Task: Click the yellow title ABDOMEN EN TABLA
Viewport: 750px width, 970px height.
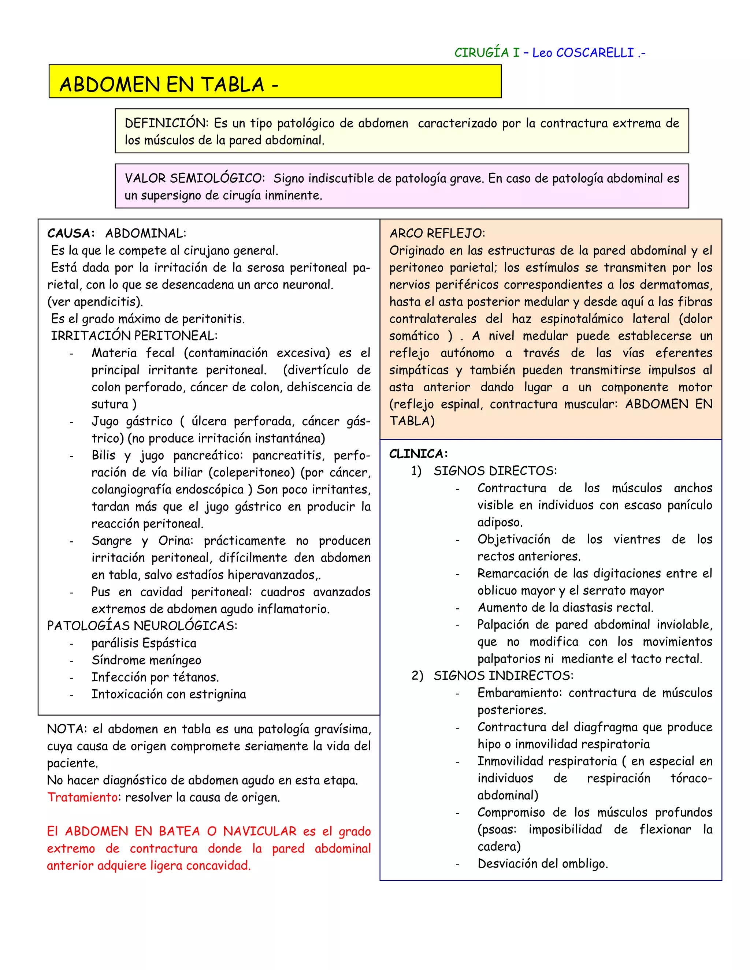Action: (x=162, y=85)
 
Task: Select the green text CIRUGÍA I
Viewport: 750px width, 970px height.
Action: (x=487, y=53)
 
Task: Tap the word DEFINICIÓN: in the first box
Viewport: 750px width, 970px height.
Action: (x=167, y=123)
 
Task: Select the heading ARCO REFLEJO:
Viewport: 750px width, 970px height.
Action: (x=437, y=234)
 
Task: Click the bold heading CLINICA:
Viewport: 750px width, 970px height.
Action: (x=418, y=454)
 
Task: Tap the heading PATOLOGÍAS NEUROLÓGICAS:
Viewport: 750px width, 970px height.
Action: (x=142, y=626)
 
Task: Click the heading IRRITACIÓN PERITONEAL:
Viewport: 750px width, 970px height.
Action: (x=134, y=336)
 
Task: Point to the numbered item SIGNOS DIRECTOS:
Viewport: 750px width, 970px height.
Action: (x=495, y=471)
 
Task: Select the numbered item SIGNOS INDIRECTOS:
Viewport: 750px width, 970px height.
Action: (x=504, y=676)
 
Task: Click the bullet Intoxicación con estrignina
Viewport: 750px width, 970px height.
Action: (x=168, y=694)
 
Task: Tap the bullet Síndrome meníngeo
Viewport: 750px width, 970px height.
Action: (x=146, y=660)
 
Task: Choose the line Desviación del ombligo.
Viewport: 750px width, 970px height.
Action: (x=542, y=864)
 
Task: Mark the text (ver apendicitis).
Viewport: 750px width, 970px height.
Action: (x=95, y=302)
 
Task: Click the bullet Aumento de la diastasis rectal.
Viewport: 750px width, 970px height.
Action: (x=565, y=608)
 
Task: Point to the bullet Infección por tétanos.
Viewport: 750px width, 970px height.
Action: (x=155, y=677)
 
